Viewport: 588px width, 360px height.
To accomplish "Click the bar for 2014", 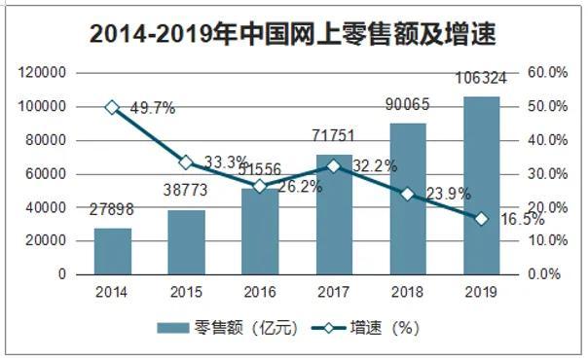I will pyautogui.click(x=112, y=252).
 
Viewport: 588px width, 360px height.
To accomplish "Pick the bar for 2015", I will pyautogui.click(x=186, y=242).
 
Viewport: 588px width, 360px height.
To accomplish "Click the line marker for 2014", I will pyautogui.click(x=112, y=107).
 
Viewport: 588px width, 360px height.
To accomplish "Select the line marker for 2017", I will pyautogui.click(x=334, y=166).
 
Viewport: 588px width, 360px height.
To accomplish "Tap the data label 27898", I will pyautogui.click(x=112, y=210).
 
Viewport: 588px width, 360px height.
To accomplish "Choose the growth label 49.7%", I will pyautogui.click(x=151, y=109).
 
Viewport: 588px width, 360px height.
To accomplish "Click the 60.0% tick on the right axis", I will pyautogui.click(x=545, y=73).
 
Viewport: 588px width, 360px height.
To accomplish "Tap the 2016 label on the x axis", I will pyautogui.click(x=260, y=291).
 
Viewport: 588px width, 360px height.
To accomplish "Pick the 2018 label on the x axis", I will pyautogui.click(x=408, y=291).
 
